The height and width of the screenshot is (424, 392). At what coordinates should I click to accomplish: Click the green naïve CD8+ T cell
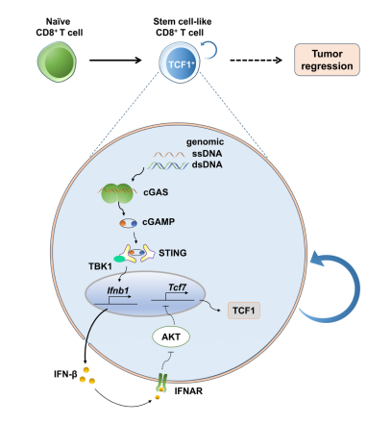pyautogui.click(x=57, y=62)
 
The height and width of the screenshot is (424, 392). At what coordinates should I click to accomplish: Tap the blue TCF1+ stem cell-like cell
pyautogui.click(x=179, y=62)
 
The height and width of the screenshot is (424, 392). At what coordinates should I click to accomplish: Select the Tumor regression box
pyautogui.click(x=327, y=60)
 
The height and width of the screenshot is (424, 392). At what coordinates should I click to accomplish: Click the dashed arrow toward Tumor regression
pyautogui.click(x=256, y=60)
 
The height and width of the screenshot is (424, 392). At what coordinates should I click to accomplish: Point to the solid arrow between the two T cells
pyautogui.click(x=115, y=60)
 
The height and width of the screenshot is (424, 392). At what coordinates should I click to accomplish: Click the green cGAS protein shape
pyautogui.click(x=117, y=193)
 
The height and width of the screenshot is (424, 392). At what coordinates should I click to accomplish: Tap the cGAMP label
pyautogui.click(x=159, y=222)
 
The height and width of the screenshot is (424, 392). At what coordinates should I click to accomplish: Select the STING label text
pyautogui.click(x=173, y=253)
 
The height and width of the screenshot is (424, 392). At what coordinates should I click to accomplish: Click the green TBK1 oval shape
pyautogui.click(x=120, y=259)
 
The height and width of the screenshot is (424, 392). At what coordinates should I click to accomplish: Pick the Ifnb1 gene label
pyautogui.click(x=118, y=290)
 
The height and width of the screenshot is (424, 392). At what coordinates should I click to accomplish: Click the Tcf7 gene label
pyautogui.click(x=177, y=287)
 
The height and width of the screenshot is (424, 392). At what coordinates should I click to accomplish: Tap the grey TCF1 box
pyautogui.click(x=244, y=311)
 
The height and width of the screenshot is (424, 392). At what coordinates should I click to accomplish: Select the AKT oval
pyautogui.click(x=171, y=337)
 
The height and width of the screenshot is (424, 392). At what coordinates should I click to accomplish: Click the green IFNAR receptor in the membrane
pyautogui.click(x=161, y=383)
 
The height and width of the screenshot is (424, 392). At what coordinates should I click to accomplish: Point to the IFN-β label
pyautogui.click(x=65, y=374)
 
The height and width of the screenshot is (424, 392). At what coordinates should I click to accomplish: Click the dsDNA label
pyautogui.click(x=207, y=164)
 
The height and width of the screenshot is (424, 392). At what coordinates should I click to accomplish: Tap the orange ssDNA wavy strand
pyautogui.click(x=169, y=155)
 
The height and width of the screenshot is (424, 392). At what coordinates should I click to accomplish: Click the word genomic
pyautogui.click(x=205, y=142)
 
